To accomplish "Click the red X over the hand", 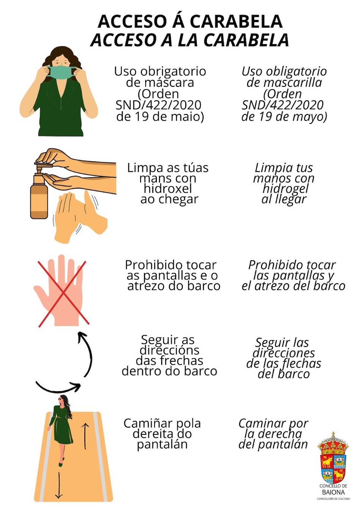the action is click(x=64, y=294).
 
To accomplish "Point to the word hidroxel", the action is click(x=168, y=188).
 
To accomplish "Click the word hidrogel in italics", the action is click(x=285, y=189).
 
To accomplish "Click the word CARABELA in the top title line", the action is click(x=236, y=22).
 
